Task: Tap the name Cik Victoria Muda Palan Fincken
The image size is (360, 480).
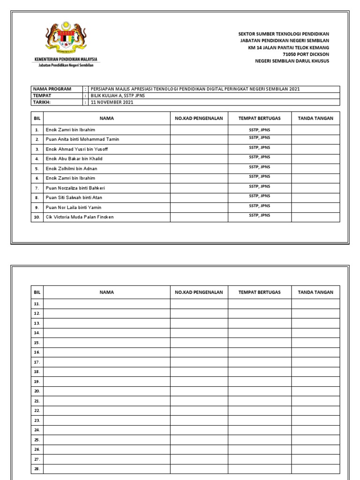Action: coord(79,217)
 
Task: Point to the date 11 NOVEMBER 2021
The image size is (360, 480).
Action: coord(112,102)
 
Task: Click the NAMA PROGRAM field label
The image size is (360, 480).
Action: coord(52,89)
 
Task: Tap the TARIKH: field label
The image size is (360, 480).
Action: coord(42,102)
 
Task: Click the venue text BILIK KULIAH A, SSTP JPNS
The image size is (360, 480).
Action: coord(119,96)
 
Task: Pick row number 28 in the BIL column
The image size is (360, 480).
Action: coord(37,469)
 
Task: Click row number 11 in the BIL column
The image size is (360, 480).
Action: coord(37,304)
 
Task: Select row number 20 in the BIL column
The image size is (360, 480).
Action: coord(37,391)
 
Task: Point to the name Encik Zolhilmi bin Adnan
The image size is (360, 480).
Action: coord(71,168)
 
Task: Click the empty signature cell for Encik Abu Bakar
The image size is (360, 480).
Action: coord(315,158)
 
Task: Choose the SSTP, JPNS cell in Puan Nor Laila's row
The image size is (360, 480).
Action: coord(259,206)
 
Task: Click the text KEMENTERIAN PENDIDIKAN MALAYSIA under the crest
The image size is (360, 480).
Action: coord(65,60)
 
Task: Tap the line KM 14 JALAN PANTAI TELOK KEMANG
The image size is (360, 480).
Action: coord(289,48)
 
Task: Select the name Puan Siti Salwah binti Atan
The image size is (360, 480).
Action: coord(74,198)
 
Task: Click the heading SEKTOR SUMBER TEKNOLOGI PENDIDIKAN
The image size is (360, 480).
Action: coord(284,34)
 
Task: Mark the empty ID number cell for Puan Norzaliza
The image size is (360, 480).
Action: coord(199,188)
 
